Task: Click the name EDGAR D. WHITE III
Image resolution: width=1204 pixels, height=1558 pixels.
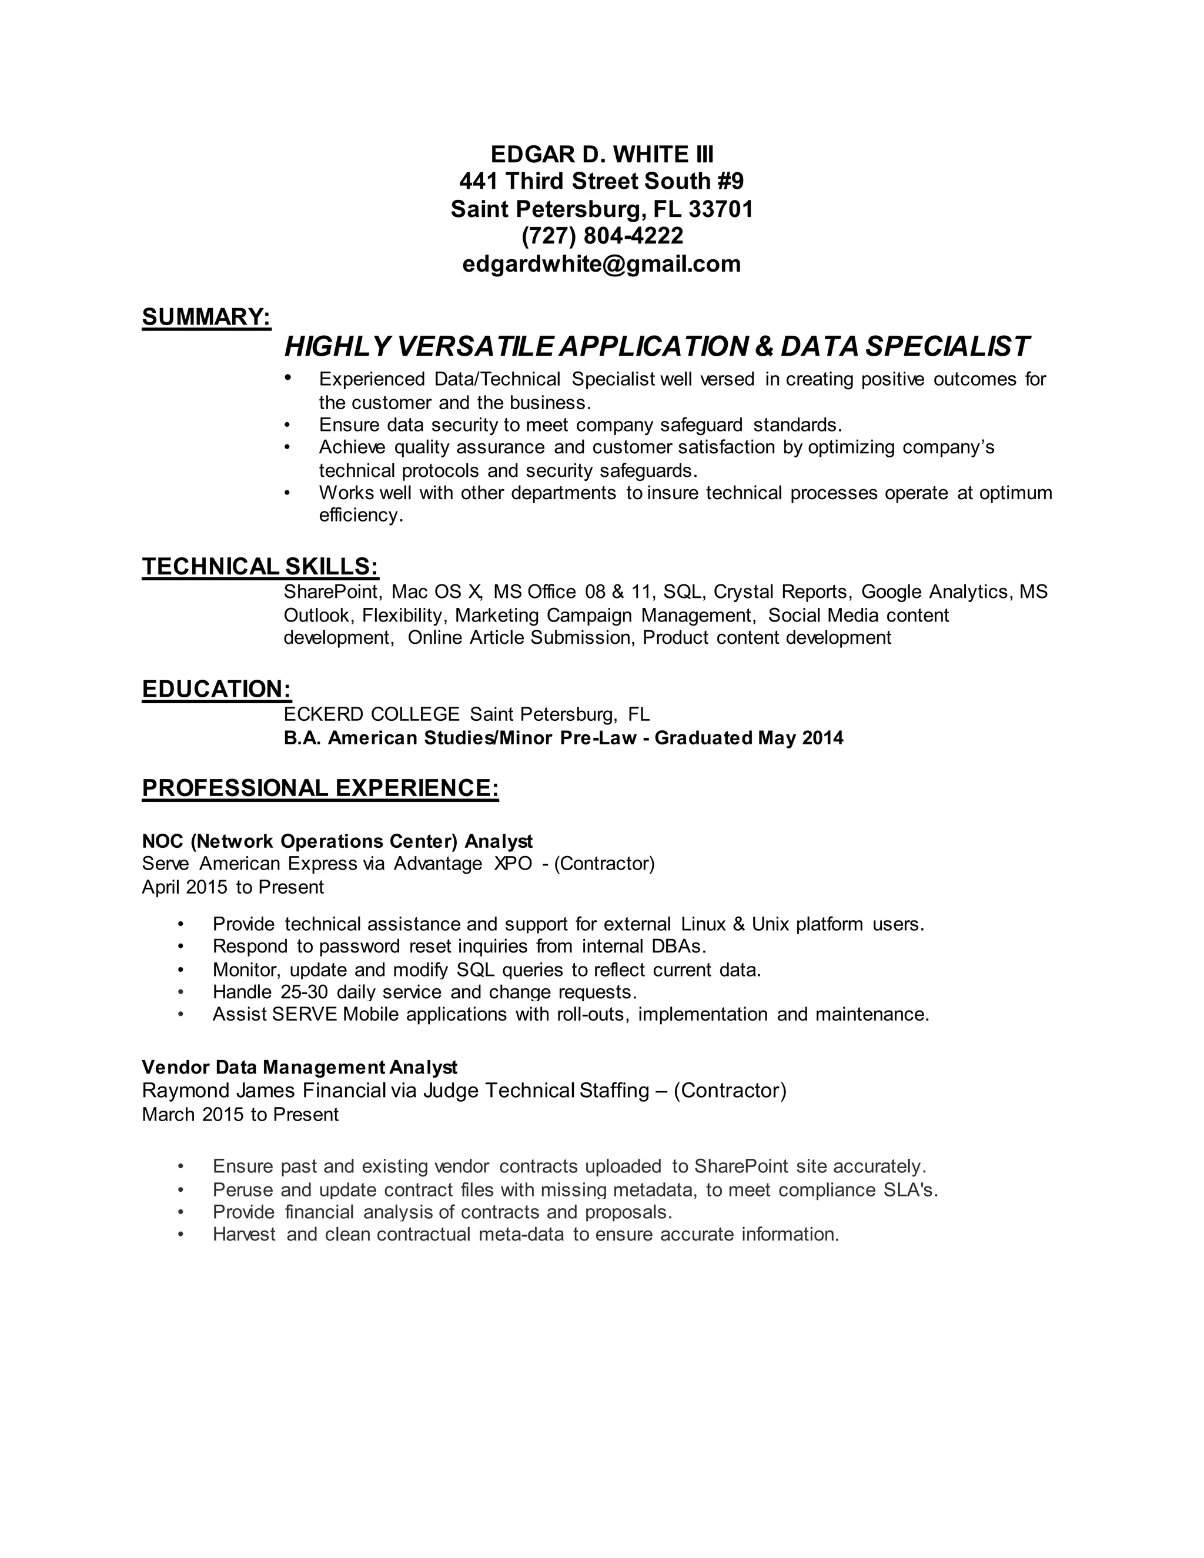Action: point(601,154)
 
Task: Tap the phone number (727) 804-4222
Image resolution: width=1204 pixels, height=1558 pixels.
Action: point(602,235)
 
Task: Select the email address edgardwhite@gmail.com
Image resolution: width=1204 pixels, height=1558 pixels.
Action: point(601,264)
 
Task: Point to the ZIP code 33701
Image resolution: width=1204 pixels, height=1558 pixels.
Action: point(720,209)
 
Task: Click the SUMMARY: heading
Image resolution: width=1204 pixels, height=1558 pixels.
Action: point(206,317)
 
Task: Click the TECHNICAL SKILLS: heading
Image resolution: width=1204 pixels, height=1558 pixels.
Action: point(260,566)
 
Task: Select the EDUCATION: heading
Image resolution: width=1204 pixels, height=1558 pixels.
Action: point(216,689)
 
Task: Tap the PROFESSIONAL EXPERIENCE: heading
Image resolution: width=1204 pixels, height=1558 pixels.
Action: point(320,788)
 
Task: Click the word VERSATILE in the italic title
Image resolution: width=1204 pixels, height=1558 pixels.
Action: point(474,347)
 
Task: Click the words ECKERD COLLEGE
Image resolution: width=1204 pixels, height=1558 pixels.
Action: point(372,714)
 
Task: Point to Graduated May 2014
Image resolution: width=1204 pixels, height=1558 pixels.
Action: point(748,738)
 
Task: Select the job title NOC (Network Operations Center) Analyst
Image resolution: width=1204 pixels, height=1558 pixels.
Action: point(337,841)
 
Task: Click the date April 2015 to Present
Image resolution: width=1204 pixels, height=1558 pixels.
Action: point(233,887)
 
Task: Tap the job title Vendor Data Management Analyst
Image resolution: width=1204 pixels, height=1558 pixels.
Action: point(300,1067)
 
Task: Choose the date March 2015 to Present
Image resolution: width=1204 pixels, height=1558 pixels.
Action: point(240,1115)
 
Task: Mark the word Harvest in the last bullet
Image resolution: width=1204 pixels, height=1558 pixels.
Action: point(244,1235)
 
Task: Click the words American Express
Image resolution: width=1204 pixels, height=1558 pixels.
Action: point(278,864)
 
